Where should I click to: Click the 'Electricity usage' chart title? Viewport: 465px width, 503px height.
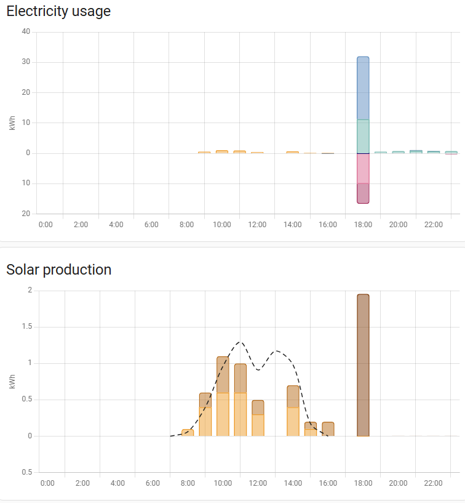click(x=58, y=11)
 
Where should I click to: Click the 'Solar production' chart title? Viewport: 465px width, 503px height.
click(x=58, y=270)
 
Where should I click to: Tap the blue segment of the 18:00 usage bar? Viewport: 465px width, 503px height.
click(x=363, y=88)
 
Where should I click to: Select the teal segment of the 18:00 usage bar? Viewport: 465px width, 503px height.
click(x=363, y=136)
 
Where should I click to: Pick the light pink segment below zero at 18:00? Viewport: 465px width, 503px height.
click(x=363, y=168)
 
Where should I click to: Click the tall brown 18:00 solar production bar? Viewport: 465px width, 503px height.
click(x=363, y=364)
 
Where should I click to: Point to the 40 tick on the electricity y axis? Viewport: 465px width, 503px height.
click(x=26, y=32)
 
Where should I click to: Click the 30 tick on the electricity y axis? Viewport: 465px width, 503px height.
click(x=26, y=62)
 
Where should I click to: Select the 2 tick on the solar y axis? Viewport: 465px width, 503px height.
click(x=30, y=291)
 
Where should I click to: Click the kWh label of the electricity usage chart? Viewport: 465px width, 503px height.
click(x=12, y=123)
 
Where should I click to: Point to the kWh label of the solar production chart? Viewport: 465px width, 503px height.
click(x=12, y=382)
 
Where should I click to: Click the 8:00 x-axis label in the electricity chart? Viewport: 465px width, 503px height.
click(x=187, y=225)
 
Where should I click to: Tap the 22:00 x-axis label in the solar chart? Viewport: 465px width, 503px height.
click(x=434, y=483)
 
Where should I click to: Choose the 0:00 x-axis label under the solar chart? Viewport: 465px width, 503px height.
click(x=47, y=483)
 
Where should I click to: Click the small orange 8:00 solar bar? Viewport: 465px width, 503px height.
click(x=188, y=433)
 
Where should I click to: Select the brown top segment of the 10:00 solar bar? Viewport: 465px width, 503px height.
click(x=223, y=374)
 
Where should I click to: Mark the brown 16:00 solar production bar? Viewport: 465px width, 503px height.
click(x=328, y=429)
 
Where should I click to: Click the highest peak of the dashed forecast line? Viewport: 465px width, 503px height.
click(x=239, y=342)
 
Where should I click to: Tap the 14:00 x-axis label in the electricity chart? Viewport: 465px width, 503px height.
click(x=293, y=225)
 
